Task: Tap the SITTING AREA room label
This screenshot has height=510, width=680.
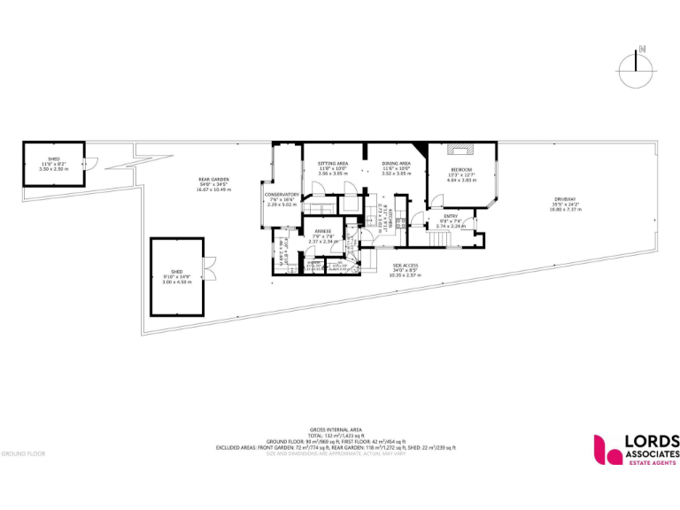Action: [333, 164]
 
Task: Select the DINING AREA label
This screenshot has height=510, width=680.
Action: [396, 164]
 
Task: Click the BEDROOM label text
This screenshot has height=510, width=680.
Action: [461, 169]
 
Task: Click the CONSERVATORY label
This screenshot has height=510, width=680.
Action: [282, 194]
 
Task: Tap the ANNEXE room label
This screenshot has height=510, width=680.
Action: [321, 231]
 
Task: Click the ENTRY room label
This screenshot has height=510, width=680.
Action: [450, 215]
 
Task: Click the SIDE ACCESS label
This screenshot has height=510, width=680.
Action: [406, 266]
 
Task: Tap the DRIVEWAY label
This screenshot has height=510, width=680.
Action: [565, 198]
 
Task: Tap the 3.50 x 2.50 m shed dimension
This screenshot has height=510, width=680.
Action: [53, 168]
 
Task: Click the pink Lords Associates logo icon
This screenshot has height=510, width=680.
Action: [608, 449]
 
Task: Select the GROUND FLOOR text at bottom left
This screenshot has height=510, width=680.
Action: [23, 453]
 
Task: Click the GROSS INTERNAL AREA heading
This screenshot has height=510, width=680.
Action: [335, 429]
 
